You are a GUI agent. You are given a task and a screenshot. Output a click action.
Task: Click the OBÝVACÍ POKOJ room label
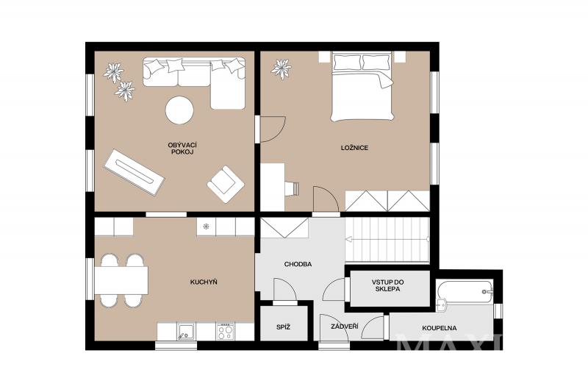point(182,148)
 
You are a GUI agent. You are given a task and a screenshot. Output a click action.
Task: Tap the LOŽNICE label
point(354,148)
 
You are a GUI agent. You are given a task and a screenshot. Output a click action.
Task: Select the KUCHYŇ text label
point(204,282)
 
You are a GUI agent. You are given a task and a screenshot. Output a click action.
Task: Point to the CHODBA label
point(298,264)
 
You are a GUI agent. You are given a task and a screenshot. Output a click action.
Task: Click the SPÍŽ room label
point(283,327)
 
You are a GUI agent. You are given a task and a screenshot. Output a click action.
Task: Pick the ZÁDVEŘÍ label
point(344,327)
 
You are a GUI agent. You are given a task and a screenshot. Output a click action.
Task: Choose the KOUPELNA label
point(439,328)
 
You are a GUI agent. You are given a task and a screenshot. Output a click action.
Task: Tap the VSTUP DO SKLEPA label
point(388,285)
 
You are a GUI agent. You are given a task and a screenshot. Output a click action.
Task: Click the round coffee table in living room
point(179,110)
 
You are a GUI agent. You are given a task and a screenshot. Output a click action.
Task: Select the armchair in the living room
point(226,184)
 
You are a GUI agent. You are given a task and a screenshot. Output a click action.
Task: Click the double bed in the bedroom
point(362,87)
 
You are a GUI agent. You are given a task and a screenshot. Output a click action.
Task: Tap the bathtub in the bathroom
point(465,292)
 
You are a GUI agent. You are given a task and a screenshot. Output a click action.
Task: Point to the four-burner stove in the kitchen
point(225,331)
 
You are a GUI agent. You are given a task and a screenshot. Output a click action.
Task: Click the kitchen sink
point(186,332)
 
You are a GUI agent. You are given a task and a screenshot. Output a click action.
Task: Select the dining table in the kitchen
point(121,280)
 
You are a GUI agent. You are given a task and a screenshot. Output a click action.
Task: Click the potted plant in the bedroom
point(282,69)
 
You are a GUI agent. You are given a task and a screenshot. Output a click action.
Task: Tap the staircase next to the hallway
point(387,239)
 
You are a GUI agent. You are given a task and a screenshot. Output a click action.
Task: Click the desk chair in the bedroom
point(293,188)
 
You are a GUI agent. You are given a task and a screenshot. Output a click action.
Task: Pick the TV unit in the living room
point(135,172)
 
